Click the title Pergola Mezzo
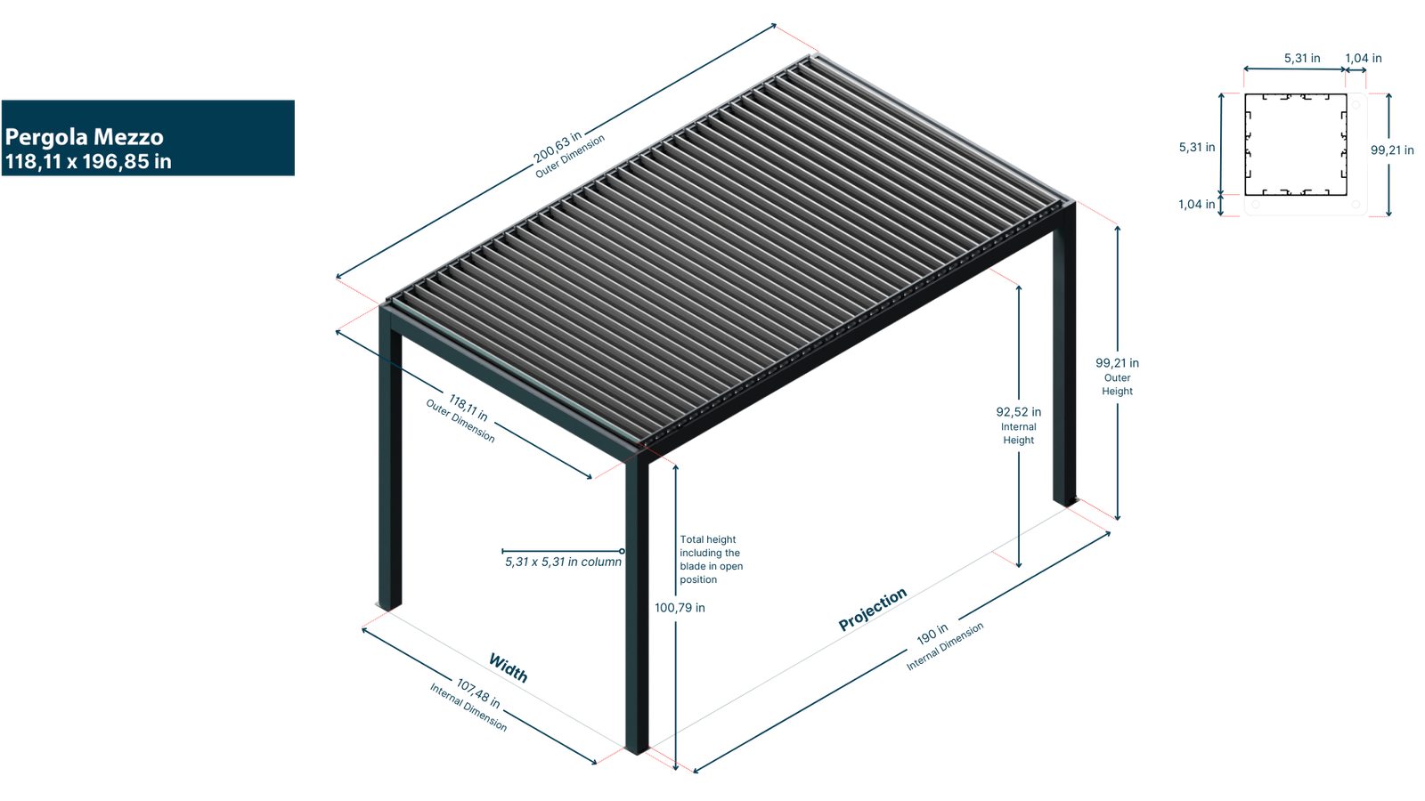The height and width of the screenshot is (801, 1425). click(x=85, y=137)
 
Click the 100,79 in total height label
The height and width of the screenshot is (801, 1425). click(x=680, y=608)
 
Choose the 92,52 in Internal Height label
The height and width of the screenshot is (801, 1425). click(x=1018, y=425)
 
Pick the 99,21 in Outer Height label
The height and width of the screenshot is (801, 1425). click(x=1117, y=376)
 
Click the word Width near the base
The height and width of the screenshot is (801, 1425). click(x=508, y=667)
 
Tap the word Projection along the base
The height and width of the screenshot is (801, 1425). click(x=873, y=609)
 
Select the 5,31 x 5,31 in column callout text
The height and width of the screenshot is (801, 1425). click(x=564, y=562)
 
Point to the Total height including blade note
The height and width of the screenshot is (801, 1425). click(x=710, y=559)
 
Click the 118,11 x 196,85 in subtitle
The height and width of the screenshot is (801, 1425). click(x=88, y=162)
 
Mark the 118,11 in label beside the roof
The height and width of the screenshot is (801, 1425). click(x=468, y=408)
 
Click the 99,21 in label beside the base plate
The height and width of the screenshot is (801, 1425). click(x=1391, y=150)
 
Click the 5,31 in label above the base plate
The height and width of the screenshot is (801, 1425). click(x=1301, y=59)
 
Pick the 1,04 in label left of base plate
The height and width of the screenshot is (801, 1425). click(x=1196, y=205)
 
